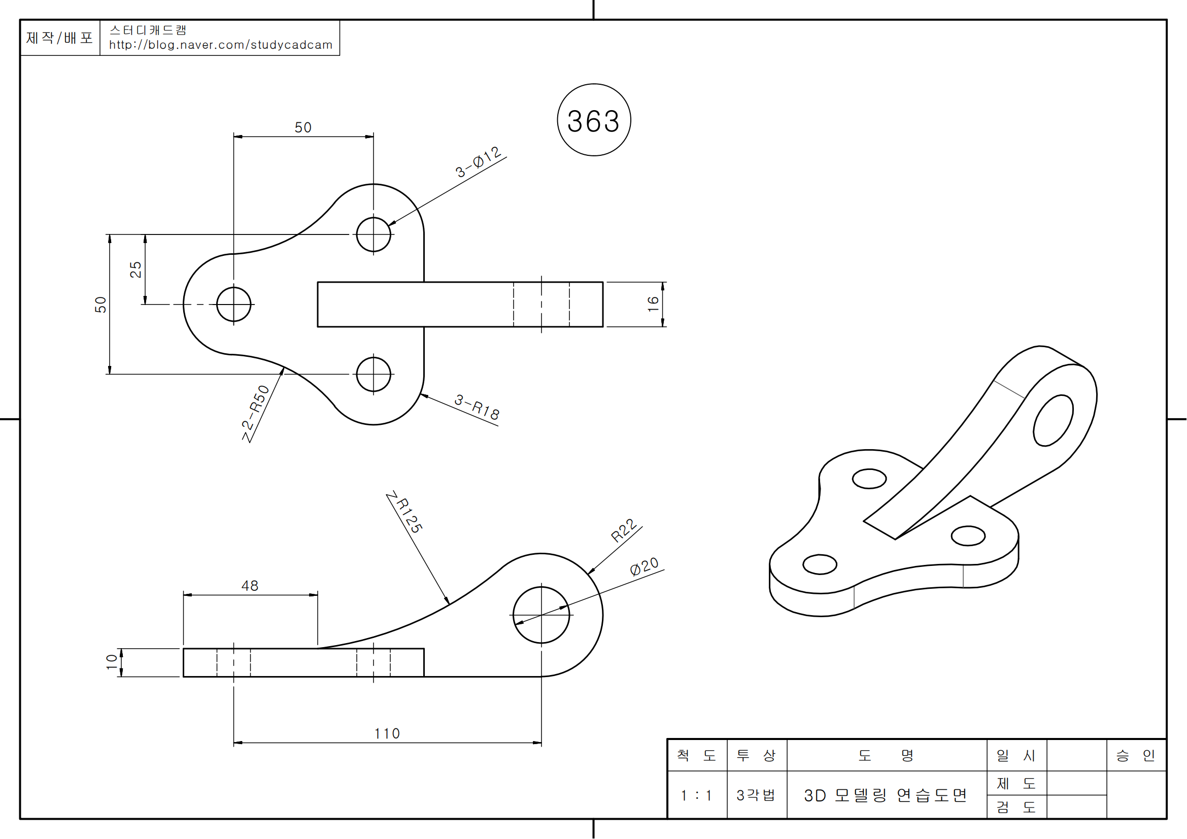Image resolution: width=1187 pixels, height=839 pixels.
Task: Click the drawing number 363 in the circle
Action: [x=594, y=121]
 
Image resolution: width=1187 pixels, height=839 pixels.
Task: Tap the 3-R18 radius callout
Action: [x=477, y=408]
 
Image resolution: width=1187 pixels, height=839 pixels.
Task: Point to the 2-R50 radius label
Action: [x=255, y=414]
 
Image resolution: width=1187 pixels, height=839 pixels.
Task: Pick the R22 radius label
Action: [x=624, y=530]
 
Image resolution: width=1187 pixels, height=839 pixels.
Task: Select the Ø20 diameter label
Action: [x=644, y=566]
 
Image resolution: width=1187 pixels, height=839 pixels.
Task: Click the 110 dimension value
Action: [x=387, y=733]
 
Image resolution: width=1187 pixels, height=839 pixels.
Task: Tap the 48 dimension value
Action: [x=250, y=586]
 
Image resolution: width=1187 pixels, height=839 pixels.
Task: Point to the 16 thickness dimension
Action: [x=653, y=304]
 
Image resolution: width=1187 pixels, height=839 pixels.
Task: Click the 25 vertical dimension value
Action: [x=135, y=270]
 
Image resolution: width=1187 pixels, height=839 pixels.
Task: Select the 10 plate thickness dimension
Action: [x=112, y=662]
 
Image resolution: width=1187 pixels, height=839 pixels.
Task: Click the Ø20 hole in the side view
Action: [x=541, y=615]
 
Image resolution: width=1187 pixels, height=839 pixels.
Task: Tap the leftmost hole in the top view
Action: [x=233, y=305]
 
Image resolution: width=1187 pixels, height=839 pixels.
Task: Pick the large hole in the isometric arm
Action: [x=1053, y=420]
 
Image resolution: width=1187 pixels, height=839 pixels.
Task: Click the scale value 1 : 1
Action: [x=696, y=795]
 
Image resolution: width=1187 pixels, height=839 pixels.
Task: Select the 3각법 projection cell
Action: [x=756, y=795]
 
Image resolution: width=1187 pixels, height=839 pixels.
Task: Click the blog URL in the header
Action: [x=220, y=45]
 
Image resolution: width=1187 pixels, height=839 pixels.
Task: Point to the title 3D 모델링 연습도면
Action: [x=885, y=795]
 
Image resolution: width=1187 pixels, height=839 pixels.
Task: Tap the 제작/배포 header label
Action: [x=59, y=38]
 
